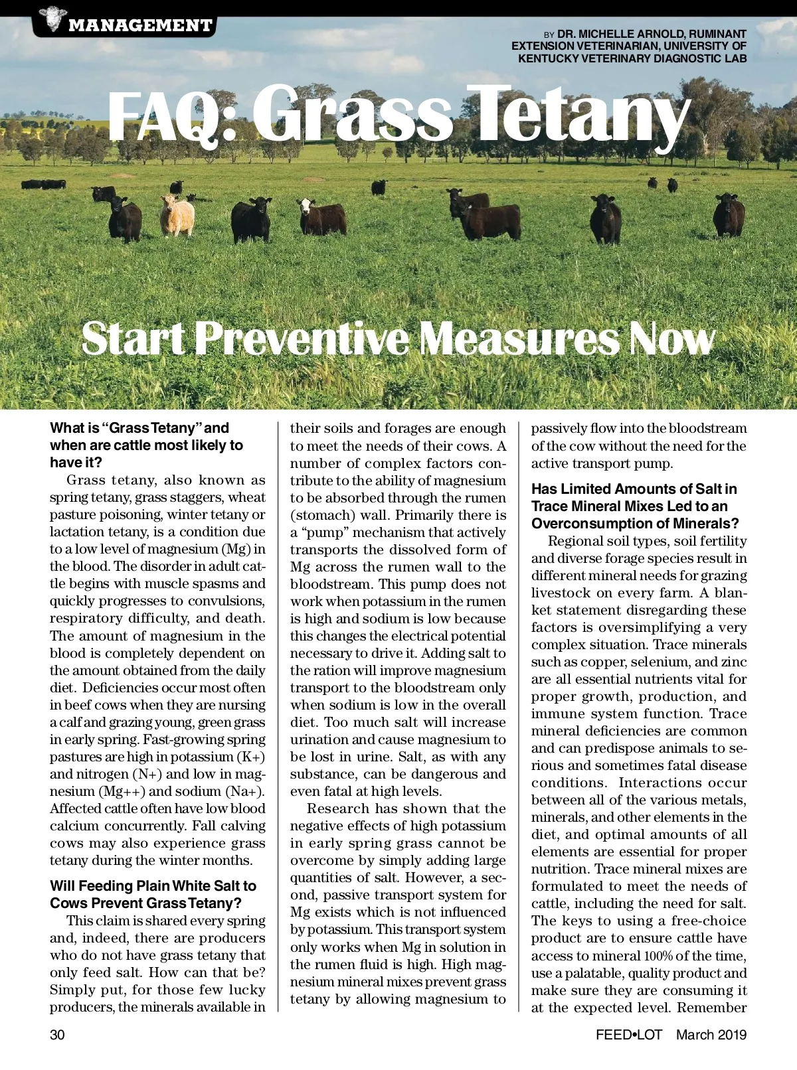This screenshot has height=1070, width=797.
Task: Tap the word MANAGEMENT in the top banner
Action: pyautogui.click(x=140, y=26)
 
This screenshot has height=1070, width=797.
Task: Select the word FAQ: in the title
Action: pyautogui.click(x=171, y=116)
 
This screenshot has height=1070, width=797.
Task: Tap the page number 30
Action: pyautogui.click(x=57, y=1035)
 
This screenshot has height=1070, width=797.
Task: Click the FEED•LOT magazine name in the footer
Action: pyautogui.click(x=629, y=1035)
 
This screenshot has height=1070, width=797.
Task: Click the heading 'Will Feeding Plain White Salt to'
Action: pyautogui.click(x=153, y=886)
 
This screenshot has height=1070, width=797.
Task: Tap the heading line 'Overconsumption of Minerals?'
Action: pyautogui.click(x=635, y=524)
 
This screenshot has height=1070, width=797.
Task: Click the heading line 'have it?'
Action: pyautogui.click(x=76, y=463)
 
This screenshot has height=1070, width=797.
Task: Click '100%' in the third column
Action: pyautogui.click(x=658, y=956)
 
